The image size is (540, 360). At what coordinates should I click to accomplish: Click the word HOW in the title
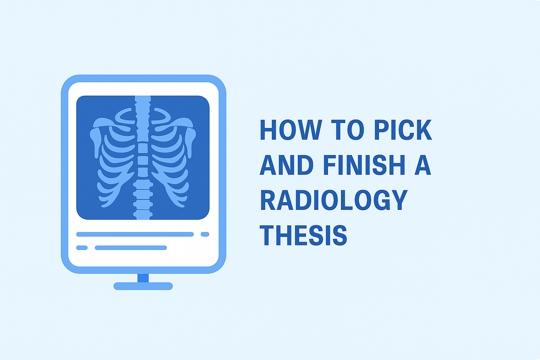tap(291, 130)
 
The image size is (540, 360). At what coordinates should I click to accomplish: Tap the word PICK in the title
tap(403, 130)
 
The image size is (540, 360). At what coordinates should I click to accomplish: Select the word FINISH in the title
tap(364, 165)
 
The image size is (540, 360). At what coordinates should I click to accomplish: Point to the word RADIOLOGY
tap(333, 200)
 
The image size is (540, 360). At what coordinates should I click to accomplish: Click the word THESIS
tap(303, 236)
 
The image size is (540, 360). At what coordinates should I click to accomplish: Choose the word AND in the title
tap(287, 165)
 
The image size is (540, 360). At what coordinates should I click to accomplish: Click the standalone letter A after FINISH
tap(423, 165)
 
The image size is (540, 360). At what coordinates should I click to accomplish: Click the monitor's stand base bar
tap(143, 286)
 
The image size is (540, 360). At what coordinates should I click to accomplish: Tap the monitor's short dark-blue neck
tap(143, 278)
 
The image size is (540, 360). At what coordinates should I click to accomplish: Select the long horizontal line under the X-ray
tap(135, 234)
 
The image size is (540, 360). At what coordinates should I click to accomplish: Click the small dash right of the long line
tap(205, 234)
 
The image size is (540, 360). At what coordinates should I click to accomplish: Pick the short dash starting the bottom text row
tap(82, 247)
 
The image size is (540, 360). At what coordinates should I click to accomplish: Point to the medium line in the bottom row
tap(131, 247)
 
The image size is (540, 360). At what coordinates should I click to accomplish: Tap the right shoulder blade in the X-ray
tap(191, 141)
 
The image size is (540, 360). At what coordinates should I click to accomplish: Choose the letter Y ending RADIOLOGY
tap(399, 200)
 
